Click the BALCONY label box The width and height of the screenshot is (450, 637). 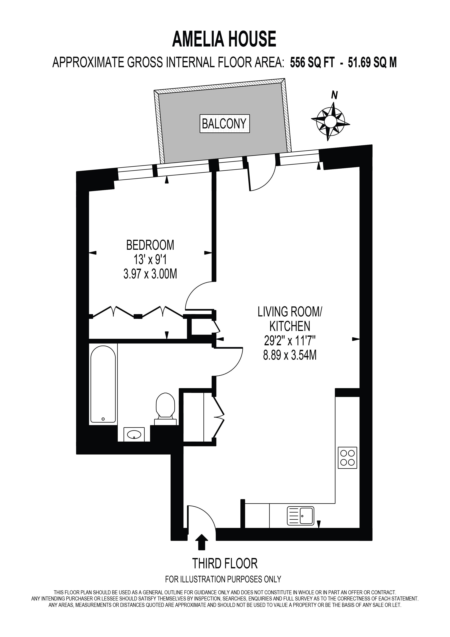pos(224,124)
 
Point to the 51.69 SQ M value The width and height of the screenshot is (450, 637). pos(372,62)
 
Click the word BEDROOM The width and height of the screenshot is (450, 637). pos(150,245)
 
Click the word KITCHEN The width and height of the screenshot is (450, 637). pos(290,326)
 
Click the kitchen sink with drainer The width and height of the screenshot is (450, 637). pos(301,516)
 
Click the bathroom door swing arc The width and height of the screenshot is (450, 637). pos(236,366)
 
